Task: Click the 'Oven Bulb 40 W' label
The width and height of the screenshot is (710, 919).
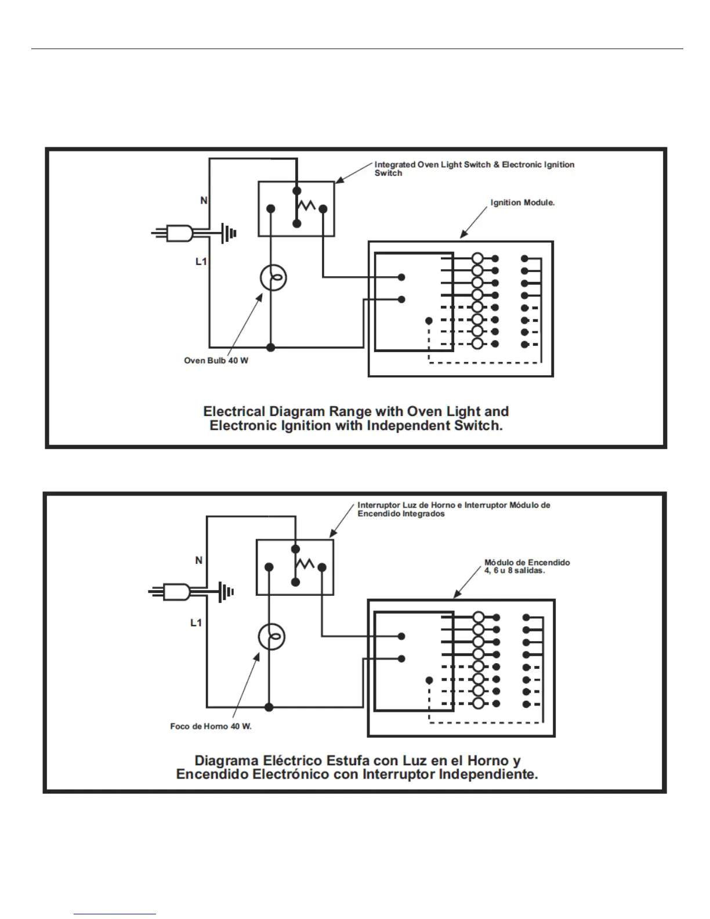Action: coord(216,361)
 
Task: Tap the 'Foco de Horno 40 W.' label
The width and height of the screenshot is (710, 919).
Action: coord(211,726)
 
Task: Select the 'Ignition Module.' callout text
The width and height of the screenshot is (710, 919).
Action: coord(522,203)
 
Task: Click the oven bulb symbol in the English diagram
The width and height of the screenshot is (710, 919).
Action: coord(273,278)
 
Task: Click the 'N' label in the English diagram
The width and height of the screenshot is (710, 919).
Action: coord(204,201)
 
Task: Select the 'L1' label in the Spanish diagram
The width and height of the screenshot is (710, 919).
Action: coord(197,623)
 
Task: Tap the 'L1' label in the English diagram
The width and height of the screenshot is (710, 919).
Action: coord(201,262)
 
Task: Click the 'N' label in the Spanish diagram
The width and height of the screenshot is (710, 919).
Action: coord(199,560)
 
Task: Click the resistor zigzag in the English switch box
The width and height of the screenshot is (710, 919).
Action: coord(306,205)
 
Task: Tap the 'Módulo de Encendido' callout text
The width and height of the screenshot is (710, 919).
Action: coord(527,563)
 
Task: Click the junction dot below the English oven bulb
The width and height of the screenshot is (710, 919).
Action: coord(270,348)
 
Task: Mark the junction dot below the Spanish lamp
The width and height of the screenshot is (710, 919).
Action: coord(269,707)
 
